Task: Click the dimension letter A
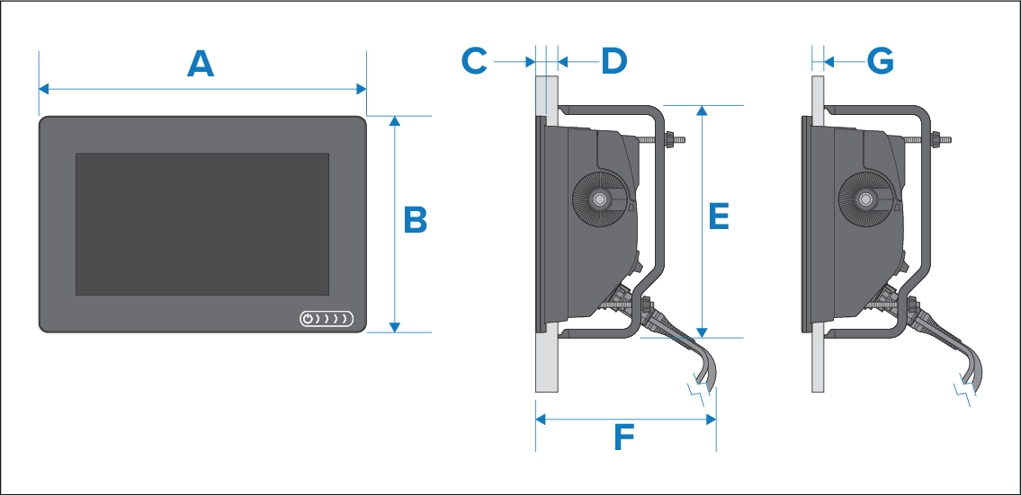(x=201, y=65)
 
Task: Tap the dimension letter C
(x=474, y=62)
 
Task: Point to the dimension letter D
(x=613, y=62)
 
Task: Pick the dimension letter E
(x=719, y=216)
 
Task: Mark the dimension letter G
(x=881, y=62)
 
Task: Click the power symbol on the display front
(x=308, y=319)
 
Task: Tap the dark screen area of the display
(x=202, y=224)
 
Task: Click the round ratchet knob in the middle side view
(x=597, y=199)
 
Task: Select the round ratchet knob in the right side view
(x=864, y=199)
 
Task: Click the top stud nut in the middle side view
(x=668, y=139)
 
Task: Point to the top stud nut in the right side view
(x=936, y=139)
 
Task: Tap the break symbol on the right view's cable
(x=965, y=390)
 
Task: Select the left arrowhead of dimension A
(x=44, y=89)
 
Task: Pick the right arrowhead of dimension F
(x=711, y=420)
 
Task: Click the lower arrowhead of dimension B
(x=395, y=327)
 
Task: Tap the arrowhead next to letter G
(x=828, y=62)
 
